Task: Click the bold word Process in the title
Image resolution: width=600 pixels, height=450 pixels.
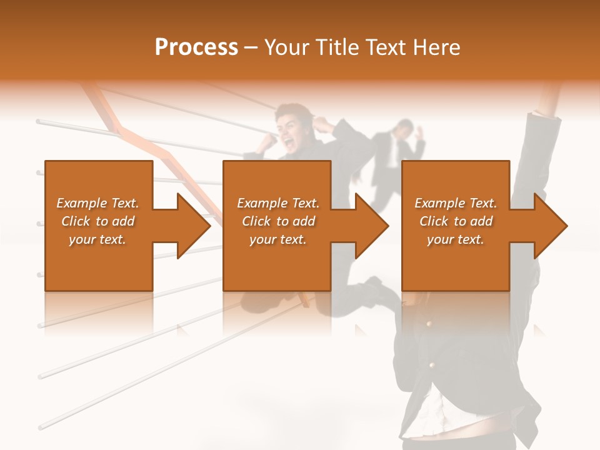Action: pyautogui.click(x=196, y=47)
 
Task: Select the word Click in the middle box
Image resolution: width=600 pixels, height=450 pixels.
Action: pyautogui.click(x=256, y=221)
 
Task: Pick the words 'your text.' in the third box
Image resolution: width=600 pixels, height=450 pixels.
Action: pyautogui.click(x=456, y=239)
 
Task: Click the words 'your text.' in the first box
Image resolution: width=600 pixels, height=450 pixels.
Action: pyautogui.click(x=97, y=239)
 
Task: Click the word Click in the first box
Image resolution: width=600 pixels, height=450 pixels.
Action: pyautogui.click(x=76, y=221)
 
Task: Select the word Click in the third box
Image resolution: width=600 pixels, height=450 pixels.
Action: pyautogui.click(x=434, y=221)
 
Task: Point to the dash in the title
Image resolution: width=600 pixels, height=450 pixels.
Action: pyautogui.click(x=251, y=47)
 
